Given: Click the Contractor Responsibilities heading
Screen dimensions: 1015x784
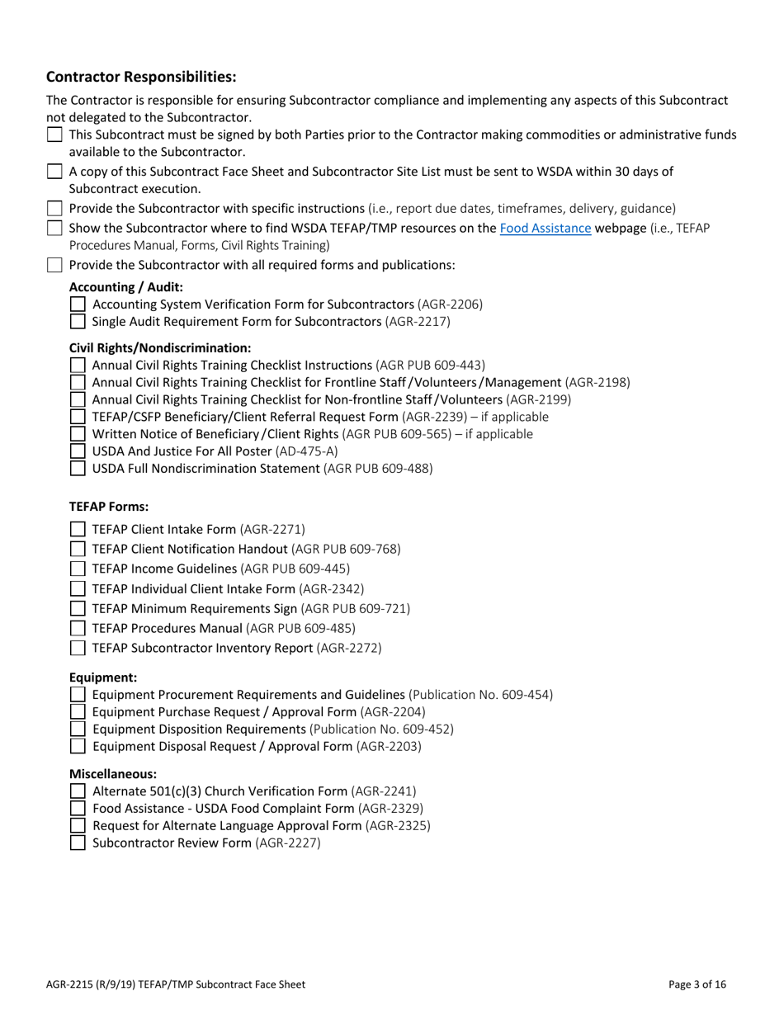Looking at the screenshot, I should coord(141,77).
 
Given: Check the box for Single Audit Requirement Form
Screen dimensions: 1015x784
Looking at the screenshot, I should coord(78,322).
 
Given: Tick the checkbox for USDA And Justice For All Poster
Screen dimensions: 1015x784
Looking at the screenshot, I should coord(78,451).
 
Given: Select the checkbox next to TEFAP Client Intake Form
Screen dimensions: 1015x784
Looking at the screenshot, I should coord(78,530).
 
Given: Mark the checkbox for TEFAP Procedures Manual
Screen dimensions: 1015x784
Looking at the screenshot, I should coord(78,629).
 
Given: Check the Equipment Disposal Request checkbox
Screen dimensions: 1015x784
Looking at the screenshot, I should coord(78,747).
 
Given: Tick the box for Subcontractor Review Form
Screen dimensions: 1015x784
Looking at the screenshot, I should coord(78,843).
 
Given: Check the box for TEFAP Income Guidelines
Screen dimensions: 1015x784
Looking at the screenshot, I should coord(78,569).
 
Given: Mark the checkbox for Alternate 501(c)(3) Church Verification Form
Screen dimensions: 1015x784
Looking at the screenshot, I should coord(78,791).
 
